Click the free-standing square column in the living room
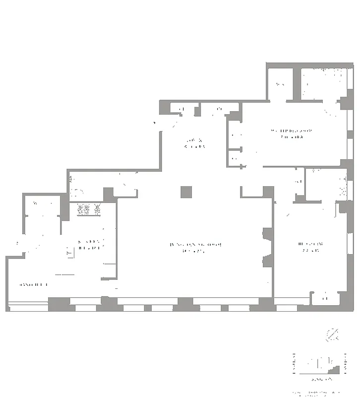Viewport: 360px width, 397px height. pos(186,192)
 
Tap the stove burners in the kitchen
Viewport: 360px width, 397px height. pos(89,210)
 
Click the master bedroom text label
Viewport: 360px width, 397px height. pos(292,133)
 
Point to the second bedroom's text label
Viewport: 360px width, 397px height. pos(311,246)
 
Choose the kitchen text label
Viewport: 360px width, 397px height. pos(90,244)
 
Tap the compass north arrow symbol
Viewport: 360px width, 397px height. pos(332,335)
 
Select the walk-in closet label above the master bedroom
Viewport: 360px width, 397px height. pos(280,84)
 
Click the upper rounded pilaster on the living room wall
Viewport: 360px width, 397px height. pos(267,235)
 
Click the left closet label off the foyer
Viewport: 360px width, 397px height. pos(181,109)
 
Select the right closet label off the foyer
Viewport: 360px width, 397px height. pos(219,109)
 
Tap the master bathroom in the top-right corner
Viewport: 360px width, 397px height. pos(321,82)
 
